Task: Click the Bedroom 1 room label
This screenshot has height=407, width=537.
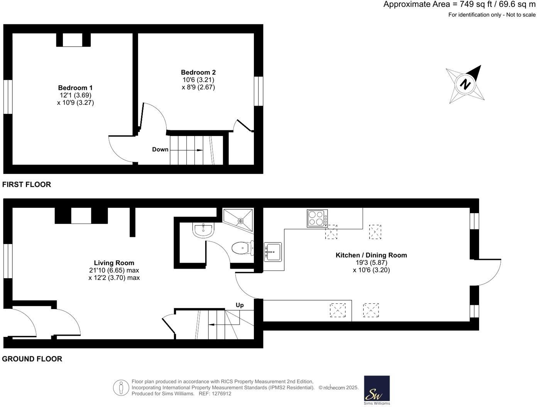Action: click(75, 88)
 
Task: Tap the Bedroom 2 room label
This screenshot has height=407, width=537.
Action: click(198, 72)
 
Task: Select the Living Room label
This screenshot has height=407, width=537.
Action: click(114, 263)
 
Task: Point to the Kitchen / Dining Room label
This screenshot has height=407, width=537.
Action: click(371, 255)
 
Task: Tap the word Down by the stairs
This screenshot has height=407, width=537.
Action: click(160, 150)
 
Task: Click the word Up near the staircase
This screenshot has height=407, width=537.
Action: click(240, 305)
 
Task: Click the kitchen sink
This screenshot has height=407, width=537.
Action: click(273, 252)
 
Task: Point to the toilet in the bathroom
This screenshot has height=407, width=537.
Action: click(243, 248)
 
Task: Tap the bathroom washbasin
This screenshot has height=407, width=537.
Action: click(203, 230)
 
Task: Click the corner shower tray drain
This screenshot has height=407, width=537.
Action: click(241, 221)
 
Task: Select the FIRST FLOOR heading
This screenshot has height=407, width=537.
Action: click(27, 185)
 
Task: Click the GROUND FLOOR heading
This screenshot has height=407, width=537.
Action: click(32, 359)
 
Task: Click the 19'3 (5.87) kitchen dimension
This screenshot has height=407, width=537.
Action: click(371, 262)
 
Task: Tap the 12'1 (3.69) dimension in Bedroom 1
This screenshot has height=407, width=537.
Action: click(75, 95)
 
